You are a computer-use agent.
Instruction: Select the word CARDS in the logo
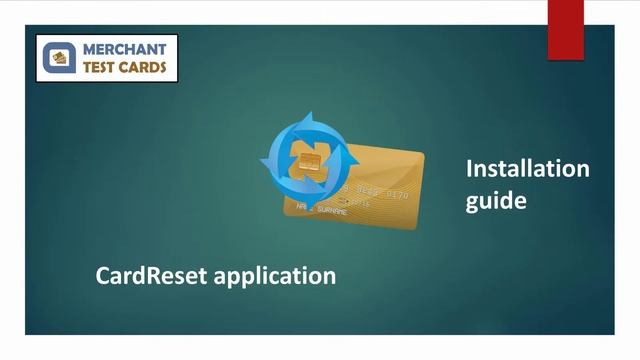(x=144, y=68)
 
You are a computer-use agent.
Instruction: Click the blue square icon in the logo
(x=59, y=59)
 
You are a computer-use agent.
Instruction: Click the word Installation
(x=527, y=168)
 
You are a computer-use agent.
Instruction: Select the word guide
(x=496, y=200)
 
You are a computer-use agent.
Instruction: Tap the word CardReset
(x=150, y=274)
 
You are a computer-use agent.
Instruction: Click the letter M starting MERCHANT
(x=87, y=49)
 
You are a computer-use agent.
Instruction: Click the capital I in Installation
(x=469, y=168)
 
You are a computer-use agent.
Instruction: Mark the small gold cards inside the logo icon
(x=60, y=59)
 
